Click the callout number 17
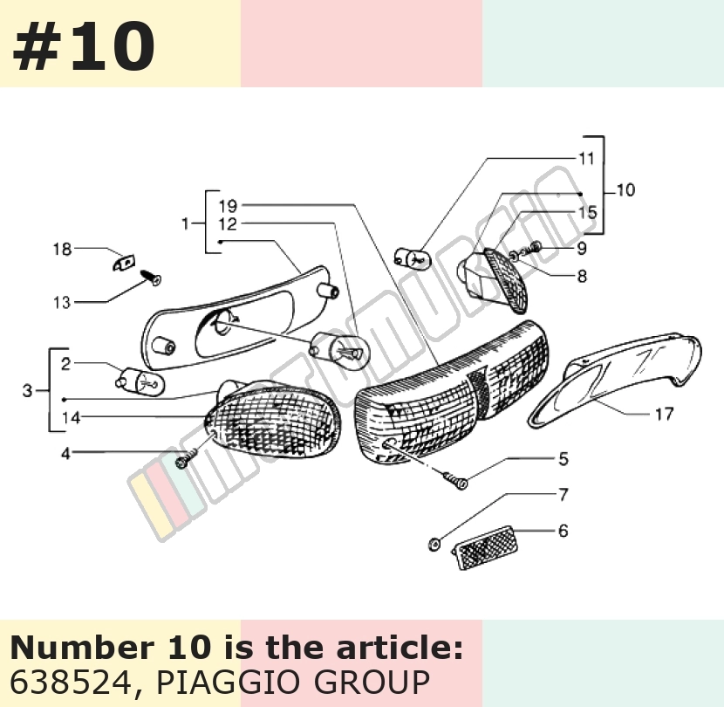(664, 414)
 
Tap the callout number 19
(228, 206)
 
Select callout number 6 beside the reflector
(563, 531)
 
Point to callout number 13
(62, 303)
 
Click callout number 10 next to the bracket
(625, 190)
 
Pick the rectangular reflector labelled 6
(486, 547)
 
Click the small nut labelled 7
(434, 545)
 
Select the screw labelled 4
(186, 457)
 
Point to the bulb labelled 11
(413, 258)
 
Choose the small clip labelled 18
(124, 263)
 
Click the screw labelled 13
(152, 277)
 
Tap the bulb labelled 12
(339, 349)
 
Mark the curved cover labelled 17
(614, 380)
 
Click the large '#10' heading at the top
(84, 46)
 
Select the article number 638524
(70, 683)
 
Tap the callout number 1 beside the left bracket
(186, 223)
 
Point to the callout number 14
(72, 418)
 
